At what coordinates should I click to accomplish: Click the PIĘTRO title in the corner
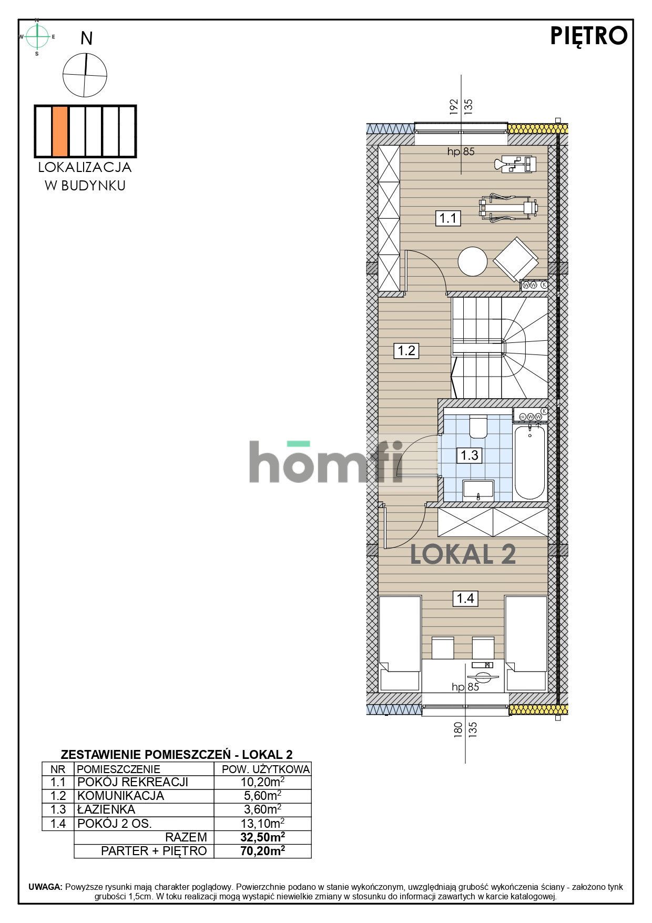pos(588,36)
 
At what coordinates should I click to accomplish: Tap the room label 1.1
pos(448,218)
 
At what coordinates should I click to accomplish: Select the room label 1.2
pos(406,350)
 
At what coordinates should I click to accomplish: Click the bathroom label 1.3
pos(469,455)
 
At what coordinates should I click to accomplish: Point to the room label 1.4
pos(465,598)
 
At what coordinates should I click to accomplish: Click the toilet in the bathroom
pos(478,427)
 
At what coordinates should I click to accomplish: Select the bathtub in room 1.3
pos(529,462)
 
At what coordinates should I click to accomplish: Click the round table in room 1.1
pos(473,261)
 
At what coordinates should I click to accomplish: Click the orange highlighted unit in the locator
pos(60,131)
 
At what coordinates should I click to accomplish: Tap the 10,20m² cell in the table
pos(262,783)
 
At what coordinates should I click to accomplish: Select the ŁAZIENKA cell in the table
pos(106,809)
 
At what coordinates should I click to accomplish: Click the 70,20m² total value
pos(262,851)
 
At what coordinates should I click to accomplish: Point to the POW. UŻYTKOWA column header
pos(266,769)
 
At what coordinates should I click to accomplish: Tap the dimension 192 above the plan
pos(454,107)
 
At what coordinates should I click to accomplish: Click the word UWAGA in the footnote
pos(46,887)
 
